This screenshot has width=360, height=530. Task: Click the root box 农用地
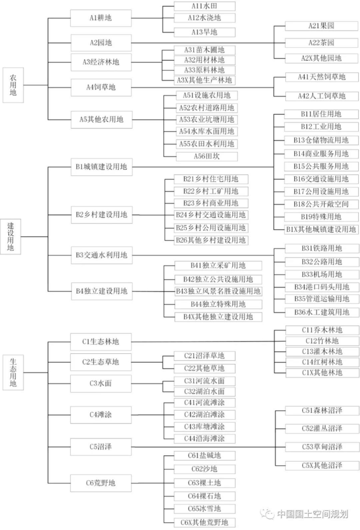[x=13, y=85]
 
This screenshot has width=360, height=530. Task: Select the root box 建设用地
[x=11, y=237]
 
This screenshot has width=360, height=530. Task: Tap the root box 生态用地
[x=13, y=373]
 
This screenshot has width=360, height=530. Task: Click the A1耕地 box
[x=101, y=18]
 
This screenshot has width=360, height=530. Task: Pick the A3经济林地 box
[x=101, y=62]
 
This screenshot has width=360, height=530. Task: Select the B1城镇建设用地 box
[x=101, y=167]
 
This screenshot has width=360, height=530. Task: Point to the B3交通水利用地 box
[x=101, y=255]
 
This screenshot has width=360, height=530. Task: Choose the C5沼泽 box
[x=101, y=447]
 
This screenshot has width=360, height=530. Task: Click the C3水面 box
[x=101, y=383]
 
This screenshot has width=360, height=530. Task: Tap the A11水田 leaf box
[x=204, y=6]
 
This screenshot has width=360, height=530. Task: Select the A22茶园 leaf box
[x=322, y=43]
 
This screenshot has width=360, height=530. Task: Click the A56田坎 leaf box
[x=207, y=156]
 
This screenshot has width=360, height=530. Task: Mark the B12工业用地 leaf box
[x=321, y=127]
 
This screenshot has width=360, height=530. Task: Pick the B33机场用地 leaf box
[x=322, y=274]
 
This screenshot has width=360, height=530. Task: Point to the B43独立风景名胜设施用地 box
[x=218, y=291]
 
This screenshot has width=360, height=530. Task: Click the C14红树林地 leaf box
[x=322, y=362]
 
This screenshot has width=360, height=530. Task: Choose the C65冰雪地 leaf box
[x=204, y=509]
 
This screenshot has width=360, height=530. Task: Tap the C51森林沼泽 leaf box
[x=322, y=410]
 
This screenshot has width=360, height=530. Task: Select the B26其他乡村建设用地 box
[x=211, y=240]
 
